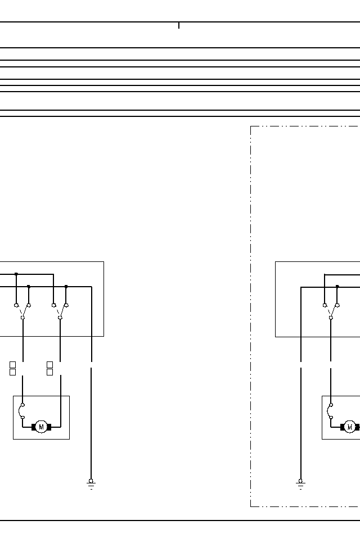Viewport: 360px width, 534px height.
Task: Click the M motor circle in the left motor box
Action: tap(41, 427)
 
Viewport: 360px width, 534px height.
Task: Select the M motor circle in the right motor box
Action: tap(349, 427)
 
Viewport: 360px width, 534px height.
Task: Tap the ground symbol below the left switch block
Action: tap(91, 483)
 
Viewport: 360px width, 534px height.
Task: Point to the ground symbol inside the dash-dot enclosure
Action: tap(300, 483)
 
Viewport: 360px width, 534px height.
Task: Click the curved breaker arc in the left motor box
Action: tap(21, 411)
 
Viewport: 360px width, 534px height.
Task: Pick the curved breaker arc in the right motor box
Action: tap(330, 411)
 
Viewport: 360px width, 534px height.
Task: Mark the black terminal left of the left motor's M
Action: tap(33, 427)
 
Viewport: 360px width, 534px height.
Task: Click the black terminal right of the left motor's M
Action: tap(49, 427)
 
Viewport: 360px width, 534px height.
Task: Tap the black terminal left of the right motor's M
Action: tap(342, 427)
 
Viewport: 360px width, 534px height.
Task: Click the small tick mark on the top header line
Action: tap(179, 25)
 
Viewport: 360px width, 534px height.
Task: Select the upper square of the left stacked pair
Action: tap(12, 365)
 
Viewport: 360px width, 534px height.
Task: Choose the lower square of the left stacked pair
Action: tap(12, 372)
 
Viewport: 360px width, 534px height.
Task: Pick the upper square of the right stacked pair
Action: tap(49, 365)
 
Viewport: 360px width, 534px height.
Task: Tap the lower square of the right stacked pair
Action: tap(49, 372)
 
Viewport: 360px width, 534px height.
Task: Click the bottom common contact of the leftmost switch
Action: tap(22, 318)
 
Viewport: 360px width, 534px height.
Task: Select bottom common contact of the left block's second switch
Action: tap(60, 318)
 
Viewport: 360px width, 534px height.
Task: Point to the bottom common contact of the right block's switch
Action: tap(331, 318)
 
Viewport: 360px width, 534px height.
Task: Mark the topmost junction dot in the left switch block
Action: tap(16, 274)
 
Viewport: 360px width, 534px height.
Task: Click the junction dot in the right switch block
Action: tap(337, 287)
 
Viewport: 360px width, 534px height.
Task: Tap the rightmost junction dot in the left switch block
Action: tap(66, 287)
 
